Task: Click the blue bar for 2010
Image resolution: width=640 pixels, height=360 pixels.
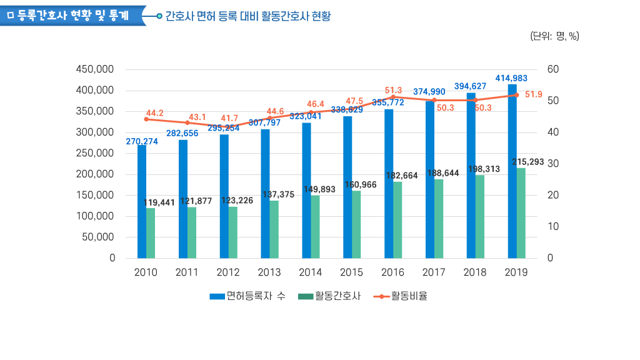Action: (x=142, y=201)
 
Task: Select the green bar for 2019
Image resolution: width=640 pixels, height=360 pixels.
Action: (x=521, y=212)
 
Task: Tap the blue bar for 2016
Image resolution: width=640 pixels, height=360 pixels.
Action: (x=389, y=184)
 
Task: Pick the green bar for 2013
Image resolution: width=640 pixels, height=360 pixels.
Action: (x=274, y=229)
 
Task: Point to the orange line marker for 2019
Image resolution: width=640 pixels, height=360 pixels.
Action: (x=516, y=95)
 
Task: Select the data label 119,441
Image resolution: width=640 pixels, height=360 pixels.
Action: (x=159, y=202)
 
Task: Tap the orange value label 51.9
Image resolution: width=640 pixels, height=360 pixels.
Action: (x=533, y=94)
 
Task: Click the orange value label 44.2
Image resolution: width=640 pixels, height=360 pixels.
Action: (x=154, y=113)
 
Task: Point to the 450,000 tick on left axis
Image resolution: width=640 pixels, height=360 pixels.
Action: (x=95, y=69)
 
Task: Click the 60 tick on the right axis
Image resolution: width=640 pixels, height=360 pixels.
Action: (x=552, y=69)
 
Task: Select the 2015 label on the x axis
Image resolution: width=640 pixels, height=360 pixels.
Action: (x=351, y=272)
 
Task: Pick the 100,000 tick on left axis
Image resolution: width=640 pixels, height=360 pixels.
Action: (x=95, y=216)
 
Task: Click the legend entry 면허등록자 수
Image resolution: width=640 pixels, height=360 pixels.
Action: (x=248, y=296)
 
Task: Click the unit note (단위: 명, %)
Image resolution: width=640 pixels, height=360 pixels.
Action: (x=554, y=36)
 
